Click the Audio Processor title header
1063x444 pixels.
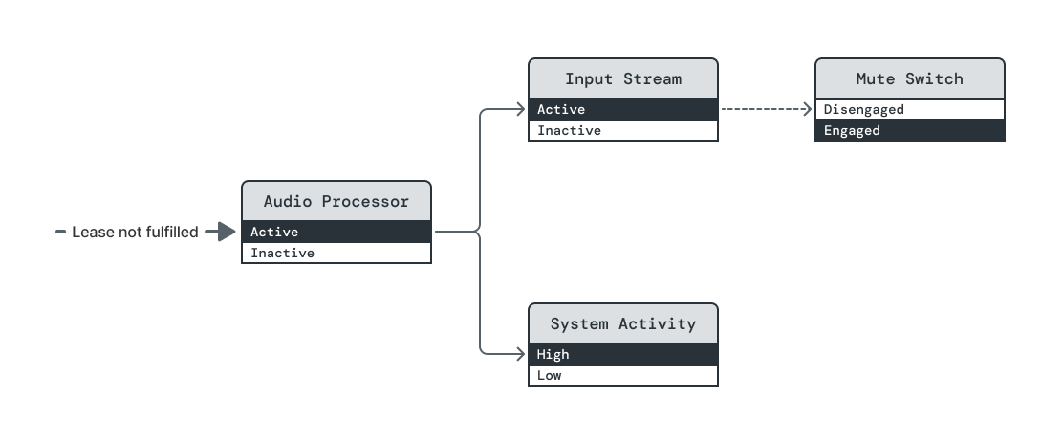(x=336, y=201)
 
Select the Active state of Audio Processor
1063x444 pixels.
(x=336, y=232)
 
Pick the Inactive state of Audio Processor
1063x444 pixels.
(x=336, y=254)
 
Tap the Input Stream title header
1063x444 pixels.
(x=623, y=78)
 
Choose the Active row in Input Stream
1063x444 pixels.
(x=623, y=109)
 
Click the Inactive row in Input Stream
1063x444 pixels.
(x=623, y=131)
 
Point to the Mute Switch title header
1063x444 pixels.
(x=910, y=78)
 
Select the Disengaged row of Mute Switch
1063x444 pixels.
(x=910, y=109)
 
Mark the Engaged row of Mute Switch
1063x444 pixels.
(x=910, y=131)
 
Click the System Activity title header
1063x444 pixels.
(x=623, y=323)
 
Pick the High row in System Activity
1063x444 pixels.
(x=623, y=354)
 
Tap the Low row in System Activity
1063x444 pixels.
(x=623, y=376)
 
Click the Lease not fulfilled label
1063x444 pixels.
(x=135, y=232)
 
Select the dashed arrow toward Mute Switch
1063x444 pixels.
(x=765, y=109)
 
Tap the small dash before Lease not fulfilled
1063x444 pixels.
(x=61, y=232)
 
